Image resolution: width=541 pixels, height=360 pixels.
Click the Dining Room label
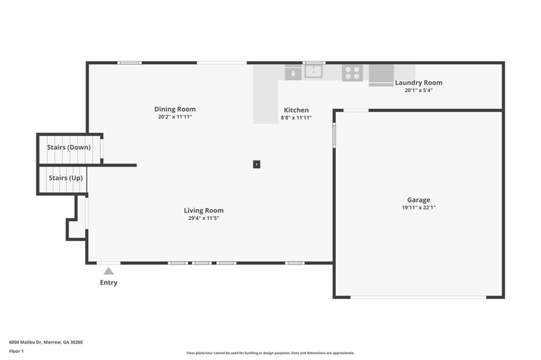click(175, 109)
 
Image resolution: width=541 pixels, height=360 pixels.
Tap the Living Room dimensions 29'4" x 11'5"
click(203, 218)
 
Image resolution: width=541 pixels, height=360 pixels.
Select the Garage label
click(418, 200)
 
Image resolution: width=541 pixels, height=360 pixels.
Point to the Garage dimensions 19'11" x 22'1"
click(418, 207)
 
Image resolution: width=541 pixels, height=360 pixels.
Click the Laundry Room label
click(418, 82)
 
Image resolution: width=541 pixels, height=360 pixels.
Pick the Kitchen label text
click(296, 110)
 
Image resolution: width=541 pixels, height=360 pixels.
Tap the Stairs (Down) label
click(69, 147)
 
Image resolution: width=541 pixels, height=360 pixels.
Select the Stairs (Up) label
click(66, 178)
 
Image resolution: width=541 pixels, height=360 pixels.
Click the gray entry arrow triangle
click(108, 271)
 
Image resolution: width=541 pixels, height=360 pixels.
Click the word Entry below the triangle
click(108, 282)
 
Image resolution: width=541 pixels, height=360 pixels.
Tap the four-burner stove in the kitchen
click(352, 72)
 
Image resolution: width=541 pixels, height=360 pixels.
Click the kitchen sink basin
click(313, 71)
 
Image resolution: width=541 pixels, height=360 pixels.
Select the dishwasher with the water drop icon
click(293, 72)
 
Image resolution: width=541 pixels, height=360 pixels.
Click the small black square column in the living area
click(256, 164)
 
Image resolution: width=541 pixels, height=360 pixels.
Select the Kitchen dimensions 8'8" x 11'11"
click(296, 118)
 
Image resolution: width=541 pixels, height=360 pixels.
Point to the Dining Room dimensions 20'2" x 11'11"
click(175, 117)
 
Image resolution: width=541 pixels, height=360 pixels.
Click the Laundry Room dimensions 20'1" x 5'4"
click(418, 90)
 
